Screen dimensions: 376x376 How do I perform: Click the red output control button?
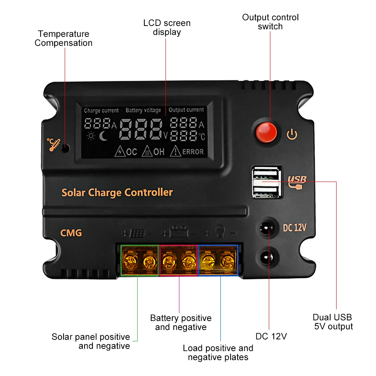pos(266,132)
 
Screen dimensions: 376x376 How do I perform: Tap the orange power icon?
pos(292,134)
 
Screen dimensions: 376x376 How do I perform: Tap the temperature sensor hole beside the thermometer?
pos(65,148)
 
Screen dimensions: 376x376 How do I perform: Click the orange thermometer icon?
pos(53,145)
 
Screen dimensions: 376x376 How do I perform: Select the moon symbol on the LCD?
pos(103,136)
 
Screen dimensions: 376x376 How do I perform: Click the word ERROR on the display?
pos(193,152)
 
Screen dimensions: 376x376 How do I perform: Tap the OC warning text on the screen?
pos(131,152)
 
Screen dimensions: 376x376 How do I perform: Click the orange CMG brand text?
pos(71,233)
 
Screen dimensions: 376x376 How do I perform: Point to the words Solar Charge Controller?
pos(117,193)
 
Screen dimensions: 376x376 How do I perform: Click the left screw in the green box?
pos(130,260)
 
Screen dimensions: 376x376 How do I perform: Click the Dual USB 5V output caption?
pos(333,322)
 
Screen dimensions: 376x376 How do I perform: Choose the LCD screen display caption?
pos(167,27)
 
